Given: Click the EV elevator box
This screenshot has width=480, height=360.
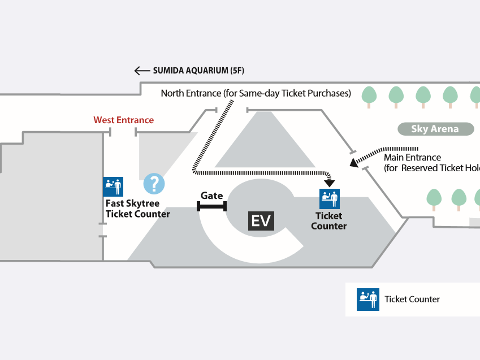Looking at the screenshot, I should pyautogui.click(x=261, y=220).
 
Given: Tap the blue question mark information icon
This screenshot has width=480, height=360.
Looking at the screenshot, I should pyautogui.click(x=154, y=184).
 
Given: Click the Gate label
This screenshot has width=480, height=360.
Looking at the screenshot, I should pyautogui.click(x=211, y=196).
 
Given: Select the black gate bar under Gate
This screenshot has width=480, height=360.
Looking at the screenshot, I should pyautogui.click(x=211, y=206).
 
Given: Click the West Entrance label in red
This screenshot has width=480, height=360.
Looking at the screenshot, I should pyautogui.click(x=124, y=120).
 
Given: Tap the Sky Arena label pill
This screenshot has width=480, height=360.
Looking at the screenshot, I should pyautogui.click(x=435, y=129).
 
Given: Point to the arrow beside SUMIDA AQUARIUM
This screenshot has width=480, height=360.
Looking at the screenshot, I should pyautogui.click(x=141, y=71).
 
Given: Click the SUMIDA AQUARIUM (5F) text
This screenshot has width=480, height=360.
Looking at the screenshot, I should pyautogui.click(x=198, y=71).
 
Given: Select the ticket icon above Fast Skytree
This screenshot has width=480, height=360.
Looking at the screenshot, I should pyautogui.click(x=113, y=186).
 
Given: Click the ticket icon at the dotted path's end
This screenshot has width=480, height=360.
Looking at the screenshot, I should pyautogui.click(x=330, y=198).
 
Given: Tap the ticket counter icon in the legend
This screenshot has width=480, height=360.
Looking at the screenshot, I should pyautogui.click(x=367, y=300).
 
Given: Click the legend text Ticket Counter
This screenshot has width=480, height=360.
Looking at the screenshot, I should pyautogui.click(x=412, y=300).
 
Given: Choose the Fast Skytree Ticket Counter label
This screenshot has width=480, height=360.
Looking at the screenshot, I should pyautogui.click(x=138, y=209).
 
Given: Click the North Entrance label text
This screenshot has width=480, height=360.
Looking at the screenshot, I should pyautogui.click(x=256, y=93).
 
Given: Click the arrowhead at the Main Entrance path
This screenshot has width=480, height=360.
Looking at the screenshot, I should pyautogui.click(x=354, y=163).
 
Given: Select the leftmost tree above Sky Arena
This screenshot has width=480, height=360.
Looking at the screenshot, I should pyautogui.click(x=369, y=95).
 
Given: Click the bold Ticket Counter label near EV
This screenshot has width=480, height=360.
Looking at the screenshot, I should pyautogui.click(x=329, y=221).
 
